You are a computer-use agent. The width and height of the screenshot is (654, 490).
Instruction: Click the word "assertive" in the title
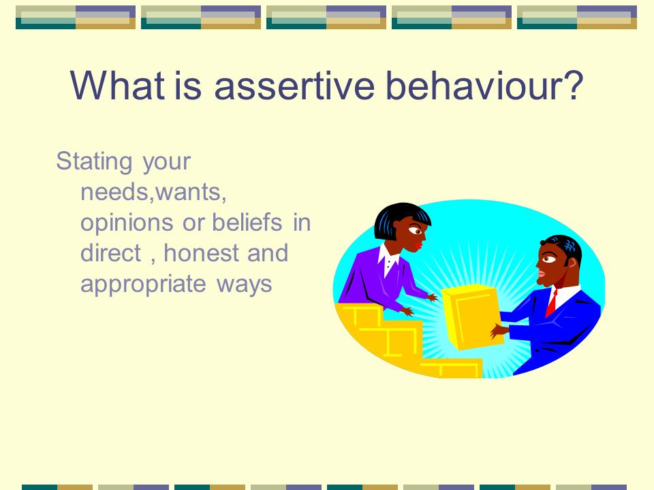(294, 86)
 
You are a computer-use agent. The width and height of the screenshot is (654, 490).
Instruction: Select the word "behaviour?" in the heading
(484, 86)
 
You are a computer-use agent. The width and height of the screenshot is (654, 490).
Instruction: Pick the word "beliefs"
(247, 222)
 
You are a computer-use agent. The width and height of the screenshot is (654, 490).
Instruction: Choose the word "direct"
(110, 253)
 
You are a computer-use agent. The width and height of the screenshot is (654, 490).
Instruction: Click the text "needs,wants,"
(153, 193)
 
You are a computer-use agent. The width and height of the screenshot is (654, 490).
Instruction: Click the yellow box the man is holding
(472, 316)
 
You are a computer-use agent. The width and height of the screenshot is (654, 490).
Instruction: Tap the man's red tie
(551, 304)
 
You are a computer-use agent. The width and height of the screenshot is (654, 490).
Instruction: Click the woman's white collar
(388, 259)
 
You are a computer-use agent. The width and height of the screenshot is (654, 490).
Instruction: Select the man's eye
(548, 259)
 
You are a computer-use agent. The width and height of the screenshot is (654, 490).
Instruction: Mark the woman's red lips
(418, 246)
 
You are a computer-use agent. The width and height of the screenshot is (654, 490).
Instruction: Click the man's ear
(572, 263)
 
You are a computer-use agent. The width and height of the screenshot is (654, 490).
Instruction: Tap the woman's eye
(416, 230)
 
